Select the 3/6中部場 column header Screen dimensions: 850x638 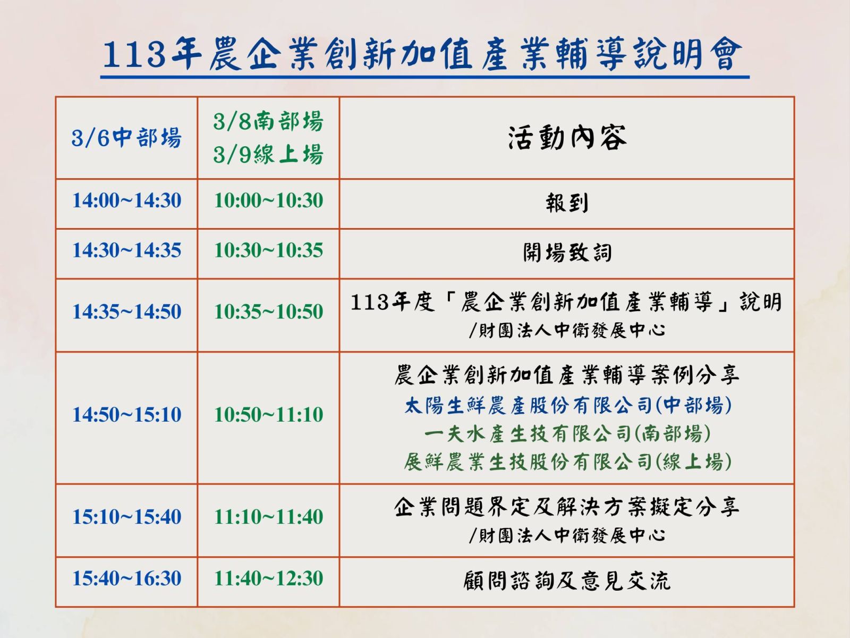126,138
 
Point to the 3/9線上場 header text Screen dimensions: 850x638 268,154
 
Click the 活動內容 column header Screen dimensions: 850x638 567,138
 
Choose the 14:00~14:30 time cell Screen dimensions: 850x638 126,200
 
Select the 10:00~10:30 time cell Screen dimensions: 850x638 268,200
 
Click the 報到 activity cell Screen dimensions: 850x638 567,203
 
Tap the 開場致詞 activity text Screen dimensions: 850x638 567,253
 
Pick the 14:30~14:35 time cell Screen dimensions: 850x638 126,250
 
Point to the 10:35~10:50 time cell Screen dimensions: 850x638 268,312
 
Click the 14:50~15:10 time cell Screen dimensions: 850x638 126,415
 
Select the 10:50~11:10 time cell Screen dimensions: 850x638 268,415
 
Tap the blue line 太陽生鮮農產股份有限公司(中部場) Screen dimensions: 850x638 568,406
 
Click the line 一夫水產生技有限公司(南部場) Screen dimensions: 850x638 567,433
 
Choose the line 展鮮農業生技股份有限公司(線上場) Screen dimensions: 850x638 568,461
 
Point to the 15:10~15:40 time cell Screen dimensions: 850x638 126,517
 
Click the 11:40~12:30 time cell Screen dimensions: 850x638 268,578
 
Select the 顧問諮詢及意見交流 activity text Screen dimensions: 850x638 567,581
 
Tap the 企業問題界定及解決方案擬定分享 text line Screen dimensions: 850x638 567,507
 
